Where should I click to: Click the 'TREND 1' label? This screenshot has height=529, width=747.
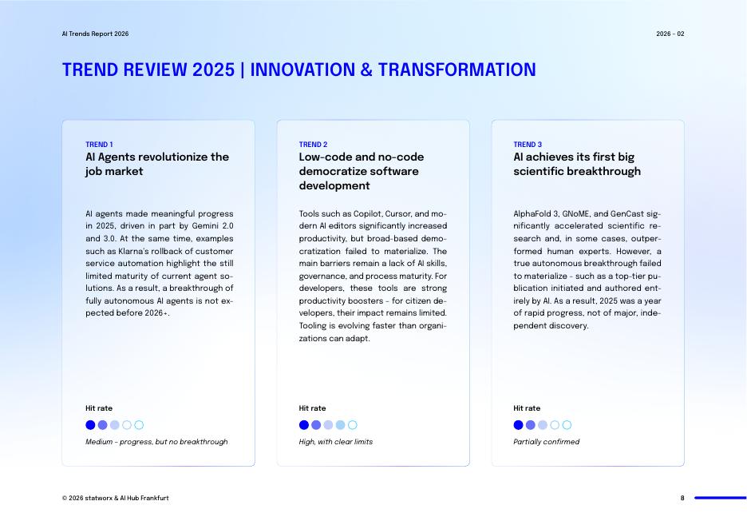(x=99, y=145)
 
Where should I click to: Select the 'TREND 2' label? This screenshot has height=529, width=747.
(x=313, y=145)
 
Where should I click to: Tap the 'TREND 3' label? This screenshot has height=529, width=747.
(x=528, y=145)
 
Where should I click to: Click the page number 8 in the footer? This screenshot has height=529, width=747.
(x=682, y=498)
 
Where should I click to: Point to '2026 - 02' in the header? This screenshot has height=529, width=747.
(x=670, y=34)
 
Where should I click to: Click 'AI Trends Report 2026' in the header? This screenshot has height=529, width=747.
(x=95, y=34)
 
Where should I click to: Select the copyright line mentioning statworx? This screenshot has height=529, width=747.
(x=116, y=498)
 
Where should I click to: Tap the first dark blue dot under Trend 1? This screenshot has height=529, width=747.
(x=90, y=425)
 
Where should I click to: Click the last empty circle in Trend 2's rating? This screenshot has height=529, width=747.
(x=353, y=425)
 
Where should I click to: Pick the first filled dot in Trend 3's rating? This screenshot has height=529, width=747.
(x=518, y=425)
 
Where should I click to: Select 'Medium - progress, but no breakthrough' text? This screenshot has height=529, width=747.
(x=156, y=442)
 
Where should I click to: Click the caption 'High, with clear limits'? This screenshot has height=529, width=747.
(x=335, y=442)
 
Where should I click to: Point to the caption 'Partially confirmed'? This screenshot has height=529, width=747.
(x=546, y=442)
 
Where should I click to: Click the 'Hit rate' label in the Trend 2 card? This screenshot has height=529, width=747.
(x=312, y=408)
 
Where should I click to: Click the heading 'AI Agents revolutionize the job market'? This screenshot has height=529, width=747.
(x=157, y=164)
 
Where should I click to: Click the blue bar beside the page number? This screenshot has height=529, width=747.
(x=720, y=498)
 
